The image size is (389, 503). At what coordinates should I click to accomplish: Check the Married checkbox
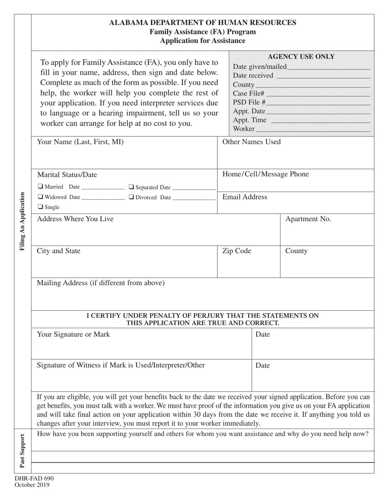(x=41, y=186)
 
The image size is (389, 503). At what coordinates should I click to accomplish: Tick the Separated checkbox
(x=131, y=187)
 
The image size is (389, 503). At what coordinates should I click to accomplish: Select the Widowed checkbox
(x=41, y=197)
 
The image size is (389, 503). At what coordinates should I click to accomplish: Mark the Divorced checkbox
(x=131, y=197)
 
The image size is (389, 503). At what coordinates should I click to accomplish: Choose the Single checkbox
(x=41, y=207)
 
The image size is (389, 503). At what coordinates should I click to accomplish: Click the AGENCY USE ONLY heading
(x=301, y=57)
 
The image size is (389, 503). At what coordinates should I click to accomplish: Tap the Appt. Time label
(x=249, y=120)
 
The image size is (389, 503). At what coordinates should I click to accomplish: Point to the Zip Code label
(x=237, y=251)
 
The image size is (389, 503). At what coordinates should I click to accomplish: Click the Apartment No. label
(x=308, y=219)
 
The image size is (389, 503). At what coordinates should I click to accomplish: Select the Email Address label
(x=244, y=197)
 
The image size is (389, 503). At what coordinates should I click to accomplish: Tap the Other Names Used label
(x=251, y=142)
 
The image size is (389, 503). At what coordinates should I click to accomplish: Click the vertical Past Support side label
(x=23, y=451)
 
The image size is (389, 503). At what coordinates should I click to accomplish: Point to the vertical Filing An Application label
(x=23, y=221)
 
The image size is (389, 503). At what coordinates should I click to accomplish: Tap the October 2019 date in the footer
(x=32, y=485)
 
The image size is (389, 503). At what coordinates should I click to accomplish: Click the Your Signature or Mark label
(x=73, y=335)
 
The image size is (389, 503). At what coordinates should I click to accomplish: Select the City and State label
(x=59, y=251)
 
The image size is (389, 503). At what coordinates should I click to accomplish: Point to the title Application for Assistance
(x=203, y=41)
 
